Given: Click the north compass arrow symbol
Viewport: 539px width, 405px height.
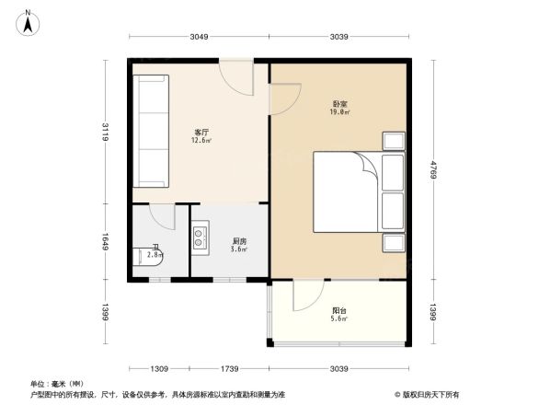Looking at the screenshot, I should pos(29,21).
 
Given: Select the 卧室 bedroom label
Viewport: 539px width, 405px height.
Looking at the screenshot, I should pos(338,103).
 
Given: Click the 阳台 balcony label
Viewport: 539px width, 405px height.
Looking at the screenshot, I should pos(338,309).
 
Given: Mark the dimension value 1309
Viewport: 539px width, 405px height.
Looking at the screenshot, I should pos(159,368).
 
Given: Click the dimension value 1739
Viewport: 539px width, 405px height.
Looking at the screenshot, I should pos(229,368).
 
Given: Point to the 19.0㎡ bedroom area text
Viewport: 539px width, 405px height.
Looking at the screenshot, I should pos(338,112).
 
